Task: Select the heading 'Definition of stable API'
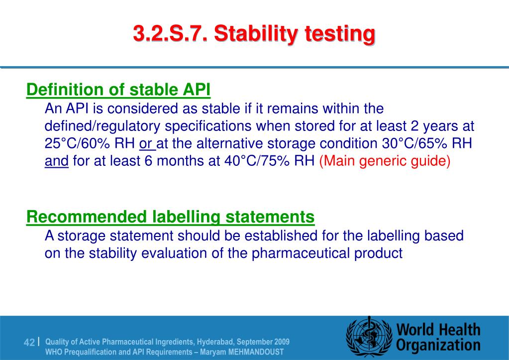[x=118, y=90]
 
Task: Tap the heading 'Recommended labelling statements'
[x=170, y=217]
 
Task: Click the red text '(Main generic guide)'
[x=385, y=162]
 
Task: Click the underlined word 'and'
[x=56, y=162]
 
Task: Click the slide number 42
[x=29, y=343]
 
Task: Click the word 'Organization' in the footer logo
[x=438, y=345]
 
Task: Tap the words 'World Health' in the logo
[x=438, y=330]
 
